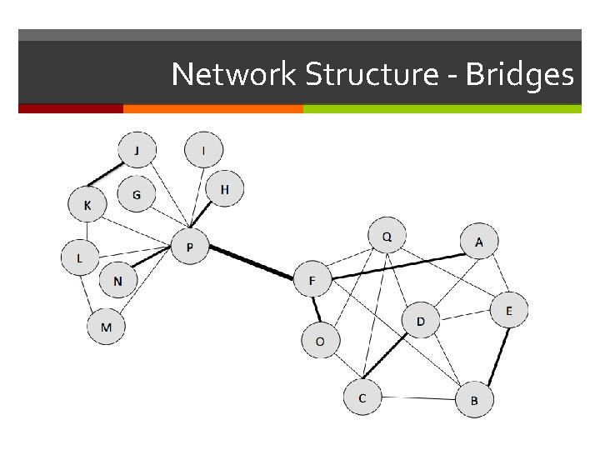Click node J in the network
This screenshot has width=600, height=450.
pos(137,152)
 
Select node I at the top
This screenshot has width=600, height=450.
pos(203,151)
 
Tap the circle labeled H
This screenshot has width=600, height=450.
pos(225,191)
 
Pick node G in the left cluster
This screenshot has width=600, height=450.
pos(137,196)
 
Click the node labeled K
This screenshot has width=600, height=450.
pos(87,204)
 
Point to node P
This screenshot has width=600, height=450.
pos(190,247)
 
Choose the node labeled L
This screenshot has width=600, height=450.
pos(80,257)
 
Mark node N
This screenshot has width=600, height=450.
pos(117,282)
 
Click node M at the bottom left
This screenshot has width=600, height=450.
pos(106,327)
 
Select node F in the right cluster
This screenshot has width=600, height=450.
pos(312,281)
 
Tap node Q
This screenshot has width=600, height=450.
pos(387,237)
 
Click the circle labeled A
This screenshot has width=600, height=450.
pos(479,242)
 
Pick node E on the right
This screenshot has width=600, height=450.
pos(509,311)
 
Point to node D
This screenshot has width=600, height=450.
pos(421,321)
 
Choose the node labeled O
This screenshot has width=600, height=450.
pos(319,341)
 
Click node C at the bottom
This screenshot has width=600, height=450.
pos(362,398)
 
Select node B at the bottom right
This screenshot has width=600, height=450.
pos(474,401)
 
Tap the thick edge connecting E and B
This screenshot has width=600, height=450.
pos(498,356)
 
